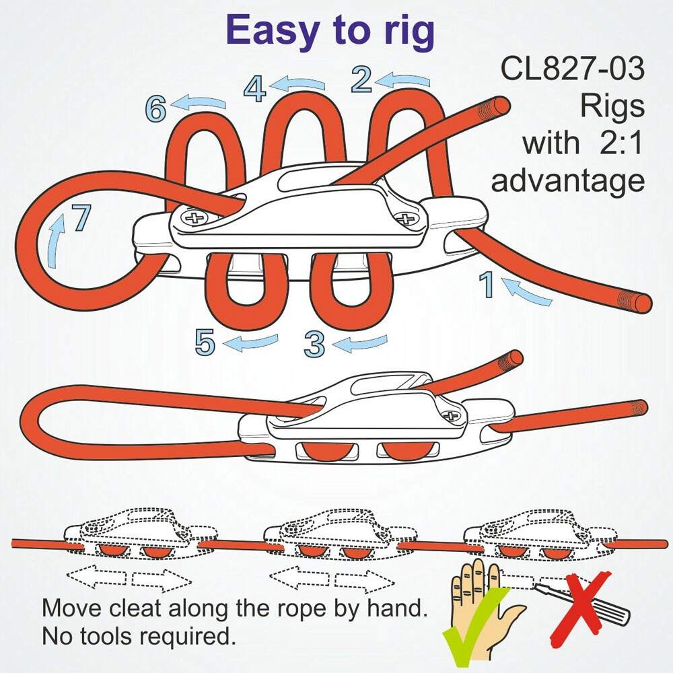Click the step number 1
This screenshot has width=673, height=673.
click(x=486, y=284)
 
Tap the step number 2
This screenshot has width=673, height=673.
click(x=361, y=79)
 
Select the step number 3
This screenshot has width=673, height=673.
click(x=314, y=344)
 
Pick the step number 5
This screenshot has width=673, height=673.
click(x=205, y=342)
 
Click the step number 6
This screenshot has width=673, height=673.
click(x=155, y=108)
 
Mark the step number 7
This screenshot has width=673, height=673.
click(x=81, y=217)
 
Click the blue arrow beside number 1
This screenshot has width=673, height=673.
click(x=527, y=293)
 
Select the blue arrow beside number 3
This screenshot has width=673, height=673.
click(x=361, y=343)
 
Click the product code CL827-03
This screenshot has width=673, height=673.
click(x=573, y=69)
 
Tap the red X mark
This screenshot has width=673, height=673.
click(x=581, y=608)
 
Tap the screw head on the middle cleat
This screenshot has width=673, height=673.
click(x=451, y=415)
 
